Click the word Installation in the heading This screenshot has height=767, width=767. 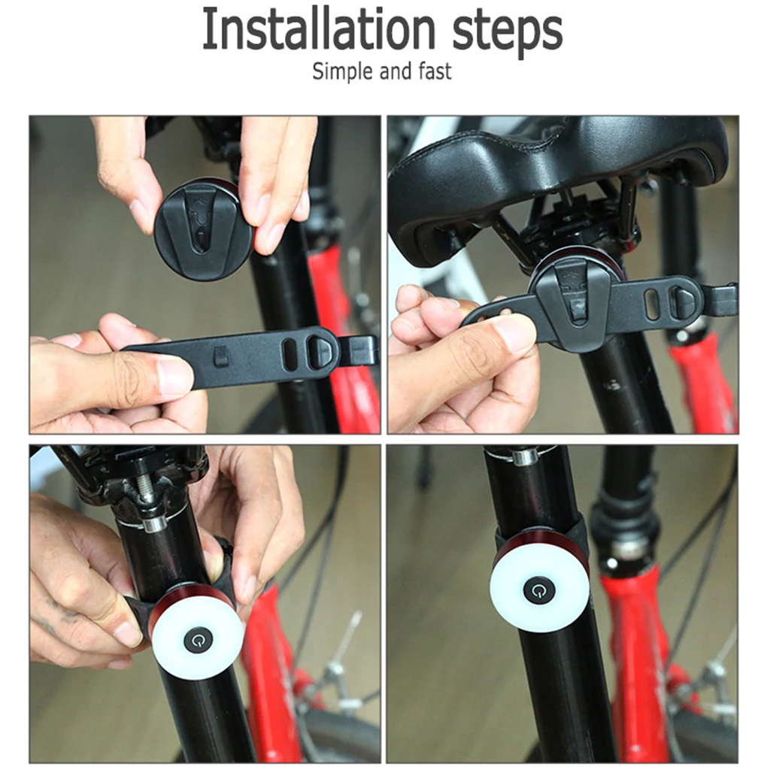pos(318,29)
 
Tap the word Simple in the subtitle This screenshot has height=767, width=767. pos(344,71)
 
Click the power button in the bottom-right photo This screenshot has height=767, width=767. pos(538,590)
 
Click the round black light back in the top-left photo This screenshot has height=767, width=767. pos(205,229)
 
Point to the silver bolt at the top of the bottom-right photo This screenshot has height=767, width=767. pos(523,456)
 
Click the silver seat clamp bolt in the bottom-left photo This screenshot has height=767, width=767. pos(155,524)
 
